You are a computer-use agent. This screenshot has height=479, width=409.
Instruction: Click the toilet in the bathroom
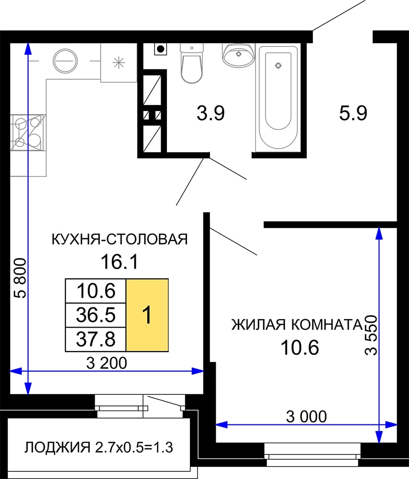click(191, 63)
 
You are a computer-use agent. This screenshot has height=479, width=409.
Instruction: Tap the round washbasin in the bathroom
click(238, 55)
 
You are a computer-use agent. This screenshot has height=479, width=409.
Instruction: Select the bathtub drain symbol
click(278, 65)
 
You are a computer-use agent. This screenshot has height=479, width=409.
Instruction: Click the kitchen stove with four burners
click(28, 132)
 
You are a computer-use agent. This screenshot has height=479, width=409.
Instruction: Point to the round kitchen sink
click(65, 61)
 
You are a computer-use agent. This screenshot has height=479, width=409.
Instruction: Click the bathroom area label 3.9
click(211, 113)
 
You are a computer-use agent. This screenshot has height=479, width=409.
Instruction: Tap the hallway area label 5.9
click(353, 113)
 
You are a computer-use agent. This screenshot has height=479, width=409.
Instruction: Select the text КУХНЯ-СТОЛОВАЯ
click(120, 239)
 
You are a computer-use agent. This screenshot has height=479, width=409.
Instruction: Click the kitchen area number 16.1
click(119, 262)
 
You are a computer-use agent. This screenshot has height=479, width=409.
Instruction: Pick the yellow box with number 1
click(147, 315)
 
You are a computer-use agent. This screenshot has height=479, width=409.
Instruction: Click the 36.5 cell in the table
click(96, 315)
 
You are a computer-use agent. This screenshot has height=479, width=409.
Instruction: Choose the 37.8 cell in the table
click(96, 340)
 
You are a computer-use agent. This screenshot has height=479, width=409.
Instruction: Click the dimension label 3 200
click(107, 363)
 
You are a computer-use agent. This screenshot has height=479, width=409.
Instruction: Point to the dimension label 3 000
click(306, 416)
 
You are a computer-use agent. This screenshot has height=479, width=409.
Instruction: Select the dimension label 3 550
click(371, 335)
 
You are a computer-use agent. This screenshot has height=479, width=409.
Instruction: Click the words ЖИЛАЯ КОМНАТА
click(297, 325)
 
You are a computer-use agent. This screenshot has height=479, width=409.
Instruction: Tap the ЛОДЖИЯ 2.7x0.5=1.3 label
click(99, 447)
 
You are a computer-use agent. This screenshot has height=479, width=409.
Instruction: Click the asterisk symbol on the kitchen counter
click(119, 63)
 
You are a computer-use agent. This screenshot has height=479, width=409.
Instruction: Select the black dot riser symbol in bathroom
click(160, 49)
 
